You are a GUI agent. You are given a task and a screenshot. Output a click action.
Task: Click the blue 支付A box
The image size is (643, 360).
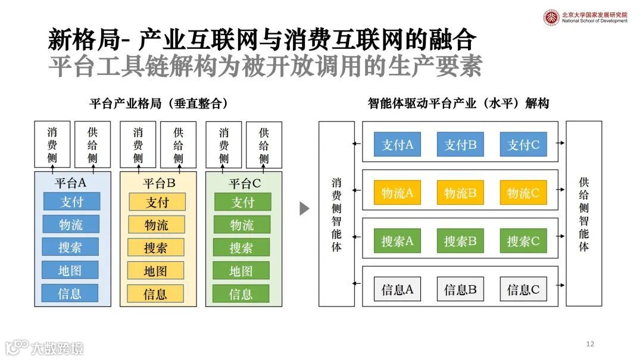397,145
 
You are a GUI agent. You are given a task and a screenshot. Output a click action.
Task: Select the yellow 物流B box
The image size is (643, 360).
460,193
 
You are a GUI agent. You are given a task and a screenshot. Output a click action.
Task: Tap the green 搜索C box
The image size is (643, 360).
523,241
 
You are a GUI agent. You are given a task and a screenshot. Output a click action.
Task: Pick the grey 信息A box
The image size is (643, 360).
397,289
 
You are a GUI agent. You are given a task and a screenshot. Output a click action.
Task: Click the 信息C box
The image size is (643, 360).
523,289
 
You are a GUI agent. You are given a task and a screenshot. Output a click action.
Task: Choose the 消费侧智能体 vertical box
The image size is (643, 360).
336,214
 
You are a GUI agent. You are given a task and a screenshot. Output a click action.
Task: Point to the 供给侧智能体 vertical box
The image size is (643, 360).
583,214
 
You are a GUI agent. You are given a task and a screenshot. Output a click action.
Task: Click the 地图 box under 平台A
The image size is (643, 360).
70,270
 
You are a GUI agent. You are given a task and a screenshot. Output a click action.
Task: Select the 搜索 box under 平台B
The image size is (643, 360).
156,248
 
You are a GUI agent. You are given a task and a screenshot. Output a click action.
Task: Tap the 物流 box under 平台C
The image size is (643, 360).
242,225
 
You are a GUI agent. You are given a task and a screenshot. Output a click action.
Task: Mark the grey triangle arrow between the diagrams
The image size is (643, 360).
304,208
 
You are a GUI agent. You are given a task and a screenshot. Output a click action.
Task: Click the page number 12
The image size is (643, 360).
590,344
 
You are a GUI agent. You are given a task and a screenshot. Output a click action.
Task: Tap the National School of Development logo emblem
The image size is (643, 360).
551,17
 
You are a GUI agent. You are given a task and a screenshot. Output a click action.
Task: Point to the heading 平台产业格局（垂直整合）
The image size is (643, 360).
159,104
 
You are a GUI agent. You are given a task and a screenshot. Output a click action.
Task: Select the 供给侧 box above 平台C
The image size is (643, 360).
264,145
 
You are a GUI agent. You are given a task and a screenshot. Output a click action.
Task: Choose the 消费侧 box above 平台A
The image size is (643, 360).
52,145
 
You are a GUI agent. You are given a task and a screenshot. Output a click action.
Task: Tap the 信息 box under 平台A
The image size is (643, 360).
70,293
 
